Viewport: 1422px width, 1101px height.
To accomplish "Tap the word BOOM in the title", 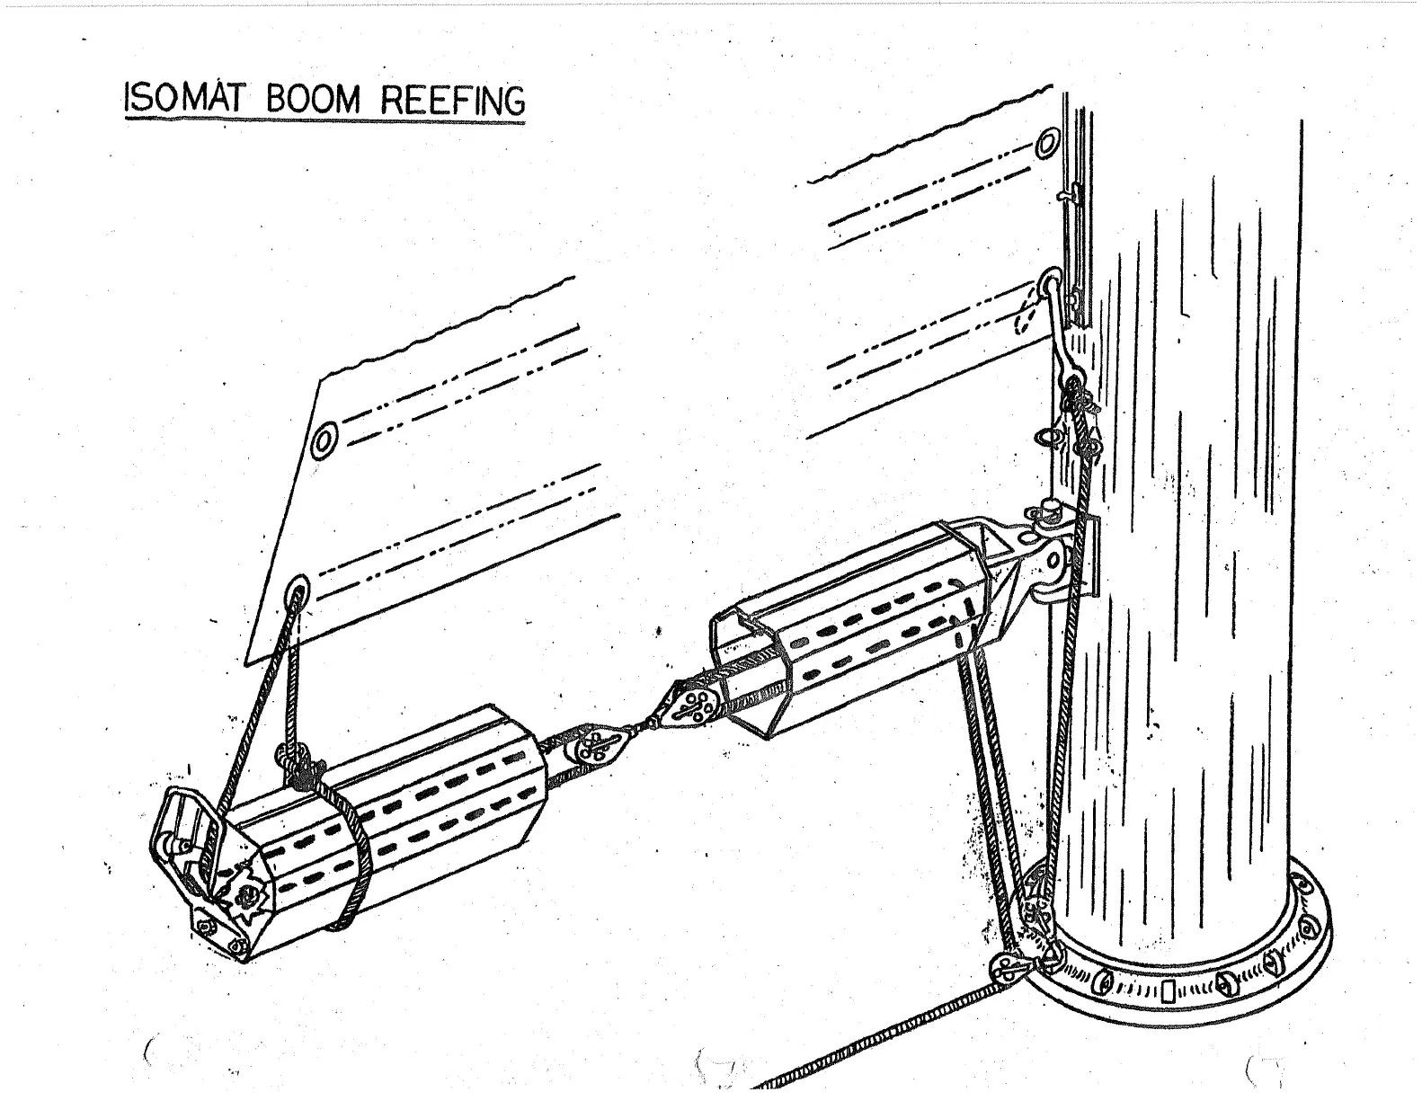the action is (312, 101).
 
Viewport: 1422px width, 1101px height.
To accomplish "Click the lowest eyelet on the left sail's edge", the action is (298, 590).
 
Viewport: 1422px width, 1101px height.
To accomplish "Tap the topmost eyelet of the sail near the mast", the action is (1045, 144).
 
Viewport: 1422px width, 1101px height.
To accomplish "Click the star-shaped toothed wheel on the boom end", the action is (244, 894).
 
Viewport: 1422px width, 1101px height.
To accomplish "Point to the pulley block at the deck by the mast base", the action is (1005, 968).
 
